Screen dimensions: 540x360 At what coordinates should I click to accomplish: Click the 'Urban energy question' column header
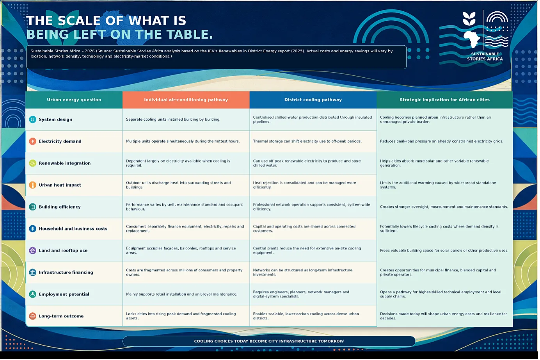tap(74, 100)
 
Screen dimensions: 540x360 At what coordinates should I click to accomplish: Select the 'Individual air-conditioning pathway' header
tap(186, 100)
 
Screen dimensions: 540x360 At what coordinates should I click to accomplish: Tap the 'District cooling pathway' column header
tap(313, 100)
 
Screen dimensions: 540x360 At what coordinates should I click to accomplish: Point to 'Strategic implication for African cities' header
tap(444, 100)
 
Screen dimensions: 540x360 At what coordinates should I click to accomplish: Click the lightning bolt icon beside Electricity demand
tap(32, 141)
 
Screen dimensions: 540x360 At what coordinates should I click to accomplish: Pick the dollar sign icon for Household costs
tap(32, 228)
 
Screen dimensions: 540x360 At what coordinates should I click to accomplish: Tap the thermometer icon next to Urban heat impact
tap(32, 185)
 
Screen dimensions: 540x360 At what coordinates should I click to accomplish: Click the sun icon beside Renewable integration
tap(32, 163)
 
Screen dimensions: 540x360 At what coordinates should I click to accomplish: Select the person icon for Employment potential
tap(32, 294)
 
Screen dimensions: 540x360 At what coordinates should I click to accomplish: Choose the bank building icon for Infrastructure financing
tap(32, 272)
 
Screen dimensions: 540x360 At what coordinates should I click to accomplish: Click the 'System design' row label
tap(55, 119)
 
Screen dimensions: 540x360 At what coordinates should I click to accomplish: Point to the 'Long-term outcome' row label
tap(61, 316)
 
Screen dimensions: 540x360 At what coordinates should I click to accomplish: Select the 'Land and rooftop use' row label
tap(63, 250)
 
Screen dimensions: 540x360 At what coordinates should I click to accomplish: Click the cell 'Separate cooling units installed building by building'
tap(173, 119)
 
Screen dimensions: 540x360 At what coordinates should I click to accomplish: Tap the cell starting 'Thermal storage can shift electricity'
tap(307, 141)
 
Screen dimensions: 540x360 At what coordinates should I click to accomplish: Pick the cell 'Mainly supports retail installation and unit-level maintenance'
tap(182, 294)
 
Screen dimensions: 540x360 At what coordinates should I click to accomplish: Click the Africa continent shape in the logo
tap(471, 39)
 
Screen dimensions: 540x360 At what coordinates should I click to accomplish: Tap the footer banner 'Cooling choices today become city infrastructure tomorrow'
tap(269, 341)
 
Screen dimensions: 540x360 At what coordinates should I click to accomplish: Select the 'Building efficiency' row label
tap(60, 207)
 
